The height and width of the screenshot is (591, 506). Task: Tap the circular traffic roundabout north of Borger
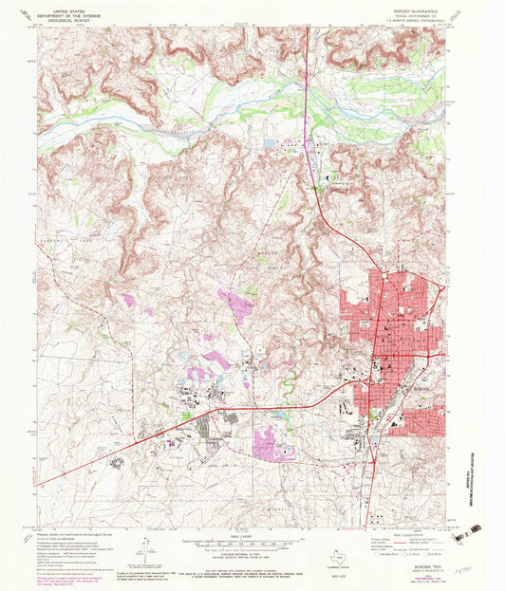tap(384, 274)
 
